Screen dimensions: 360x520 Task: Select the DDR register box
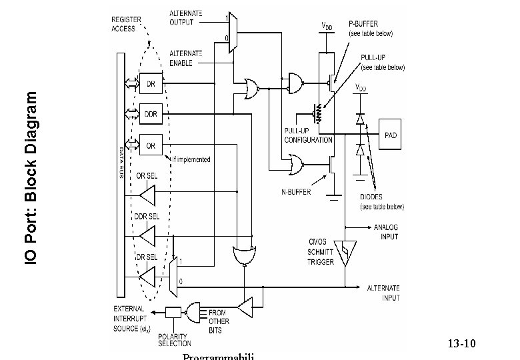(x=151, y=113)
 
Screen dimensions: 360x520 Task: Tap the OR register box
(x=151, y=145)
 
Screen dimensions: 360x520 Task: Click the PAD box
(x=391, y=135)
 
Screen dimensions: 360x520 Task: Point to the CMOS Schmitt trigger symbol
(x=345, y=253)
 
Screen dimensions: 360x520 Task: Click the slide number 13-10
(x=461, y=344)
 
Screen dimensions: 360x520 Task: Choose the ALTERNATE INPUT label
(x=383, y=293)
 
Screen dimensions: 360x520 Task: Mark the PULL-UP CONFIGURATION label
(x=308, y=136)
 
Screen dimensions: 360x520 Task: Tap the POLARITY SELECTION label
(x=174, y=339)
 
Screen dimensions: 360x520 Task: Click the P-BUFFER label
(x=371, y=28)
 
